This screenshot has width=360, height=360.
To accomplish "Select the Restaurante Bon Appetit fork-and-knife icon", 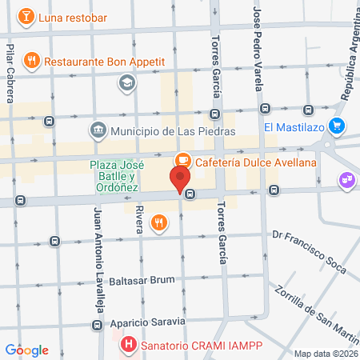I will (x=32, y=60).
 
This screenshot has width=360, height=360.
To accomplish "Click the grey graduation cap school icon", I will (x=126, y=82).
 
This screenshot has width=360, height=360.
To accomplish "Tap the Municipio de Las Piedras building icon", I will (x=98, y=130).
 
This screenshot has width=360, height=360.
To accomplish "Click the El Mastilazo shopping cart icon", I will (x=338, y=126).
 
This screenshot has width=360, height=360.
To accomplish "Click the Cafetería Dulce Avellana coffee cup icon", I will (x=182, y=161).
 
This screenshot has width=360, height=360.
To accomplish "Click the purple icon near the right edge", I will (x=346, y=180).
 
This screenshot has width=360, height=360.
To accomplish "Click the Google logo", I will (x=27, y=350).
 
